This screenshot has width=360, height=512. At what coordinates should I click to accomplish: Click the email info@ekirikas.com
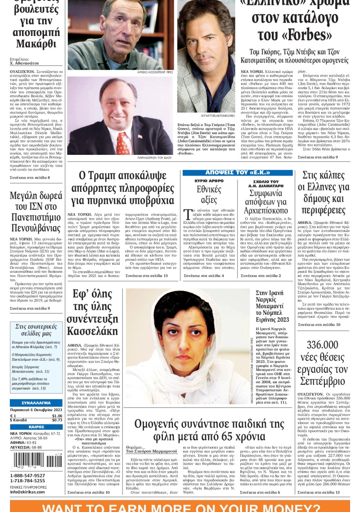click(28, 491)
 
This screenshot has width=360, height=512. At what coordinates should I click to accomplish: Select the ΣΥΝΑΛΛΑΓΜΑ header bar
click(36, 402)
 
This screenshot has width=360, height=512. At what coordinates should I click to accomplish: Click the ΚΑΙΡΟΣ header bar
click(36, 426)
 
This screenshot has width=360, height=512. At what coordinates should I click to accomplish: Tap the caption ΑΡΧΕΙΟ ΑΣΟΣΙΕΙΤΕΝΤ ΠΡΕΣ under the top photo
click(155, 72)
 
